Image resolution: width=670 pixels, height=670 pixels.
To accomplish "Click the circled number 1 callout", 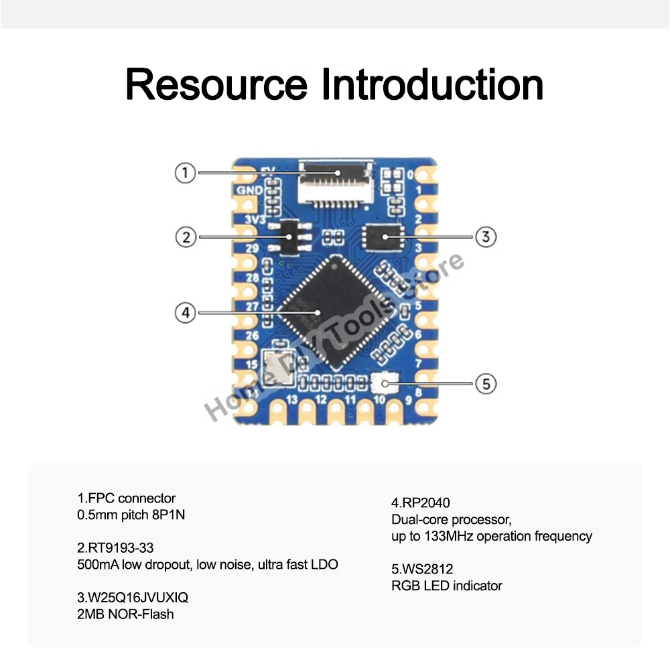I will [186, 173].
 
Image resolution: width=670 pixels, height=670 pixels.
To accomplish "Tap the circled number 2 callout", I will [186, 237].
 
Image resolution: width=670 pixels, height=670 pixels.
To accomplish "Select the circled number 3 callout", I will [485, 236].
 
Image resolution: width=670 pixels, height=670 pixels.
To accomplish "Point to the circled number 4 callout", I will [186, 312].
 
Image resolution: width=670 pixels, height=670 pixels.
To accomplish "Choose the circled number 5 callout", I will [486, 384].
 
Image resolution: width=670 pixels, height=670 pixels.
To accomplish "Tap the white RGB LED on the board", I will [384, 384].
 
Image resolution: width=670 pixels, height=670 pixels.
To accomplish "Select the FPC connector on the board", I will [337, 181].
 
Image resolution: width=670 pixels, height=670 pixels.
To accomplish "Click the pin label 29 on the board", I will [251, 248].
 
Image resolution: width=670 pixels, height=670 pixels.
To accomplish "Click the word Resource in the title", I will [216, 85].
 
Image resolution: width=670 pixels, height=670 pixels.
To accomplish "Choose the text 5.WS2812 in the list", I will [422, 569].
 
